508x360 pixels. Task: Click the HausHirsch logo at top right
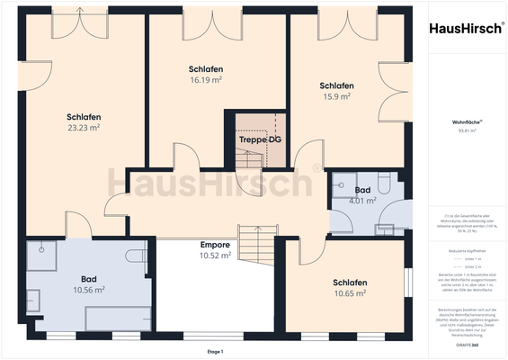pyautogui.click(x=465, y=28)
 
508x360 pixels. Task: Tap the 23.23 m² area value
pyautogui.click(x=83, y=128)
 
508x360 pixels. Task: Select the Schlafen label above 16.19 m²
pyautogui.click(x=206, y=68)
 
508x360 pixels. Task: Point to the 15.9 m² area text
pyautogui.click(x=335, y=96)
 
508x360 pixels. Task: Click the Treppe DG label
pyautogui.click(x=258, y=140)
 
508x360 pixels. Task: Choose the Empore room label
pyautogui.click(x=215, y=245)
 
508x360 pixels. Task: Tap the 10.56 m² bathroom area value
pyautogui.click(x=88, y=290)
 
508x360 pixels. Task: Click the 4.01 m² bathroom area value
pyautogui.click(x=362, y=202)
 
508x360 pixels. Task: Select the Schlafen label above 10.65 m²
pyautogui.click(x=350, y=283)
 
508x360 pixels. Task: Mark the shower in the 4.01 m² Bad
pyautogui.click(x=342, y=184)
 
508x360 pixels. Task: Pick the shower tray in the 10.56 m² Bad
pyautogui.click(x=41, y=257)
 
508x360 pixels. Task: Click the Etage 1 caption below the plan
pyautogui.click(x=214, y=351)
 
